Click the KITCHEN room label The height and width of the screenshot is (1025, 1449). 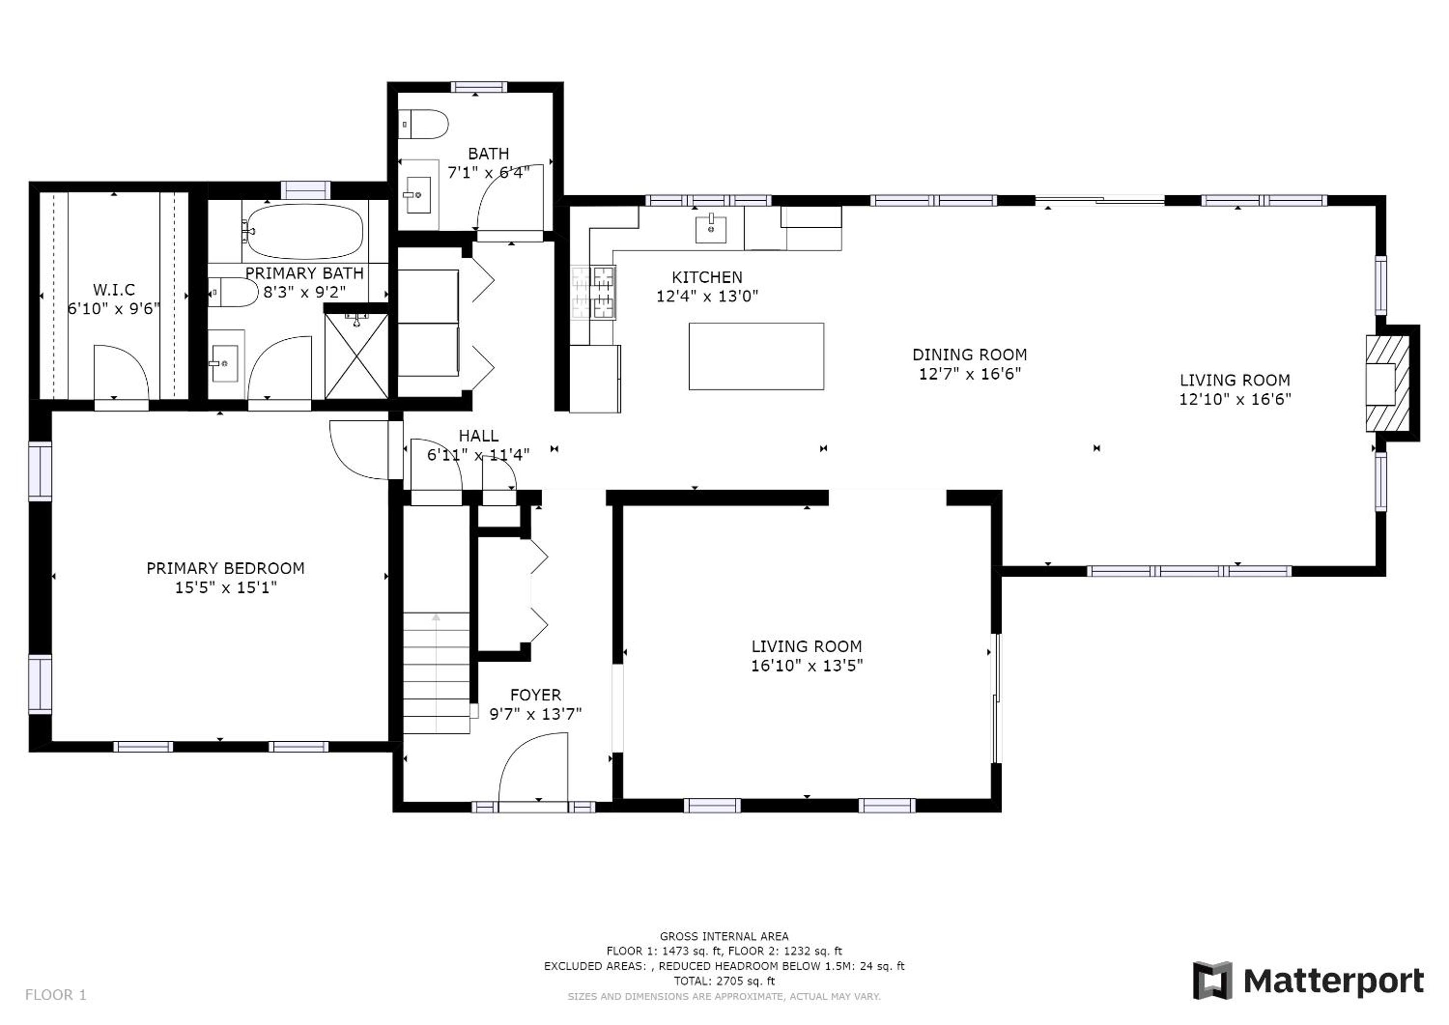(707, 277)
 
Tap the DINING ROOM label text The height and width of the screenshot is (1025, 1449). (970, 355)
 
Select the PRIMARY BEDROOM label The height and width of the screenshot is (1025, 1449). (225, 569)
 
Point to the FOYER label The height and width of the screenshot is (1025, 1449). (535, 695)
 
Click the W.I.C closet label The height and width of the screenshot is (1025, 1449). (114, 290)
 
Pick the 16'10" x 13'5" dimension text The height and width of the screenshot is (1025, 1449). (806, 666)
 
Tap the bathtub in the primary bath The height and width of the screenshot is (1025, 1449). (304, 231)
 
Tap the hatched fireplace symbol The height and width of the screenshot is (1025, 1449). (1388, 383)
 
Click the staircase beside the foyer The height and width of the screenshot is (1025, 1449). (436, 673)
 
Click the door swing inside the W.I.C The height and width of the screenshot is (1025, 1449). (121, 372)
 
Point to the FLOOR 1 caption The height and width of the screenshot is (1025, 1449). (56, 995)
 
